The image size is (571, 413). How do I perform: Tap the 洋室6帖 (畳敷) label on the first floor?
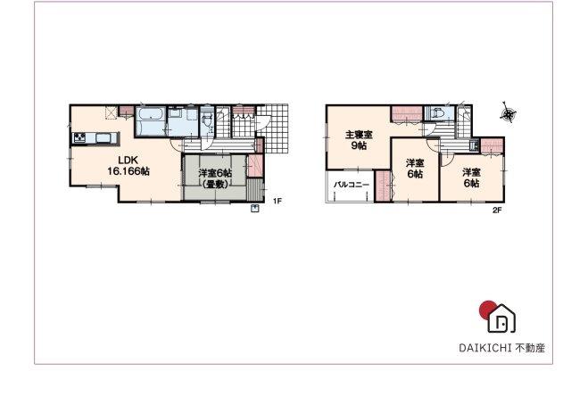[214, 178]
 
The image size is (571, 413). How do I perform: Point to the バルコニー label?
[352, 186]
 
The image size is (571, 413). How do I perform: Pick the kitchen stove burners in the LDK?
[79, 137]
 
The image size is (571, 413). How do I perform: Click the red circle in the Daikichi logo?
[486, 310]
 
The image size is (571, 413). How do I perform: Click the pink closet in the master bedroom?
[406, 112]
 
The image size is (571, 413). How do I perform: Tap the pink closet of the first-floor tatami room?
[254, 167]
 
